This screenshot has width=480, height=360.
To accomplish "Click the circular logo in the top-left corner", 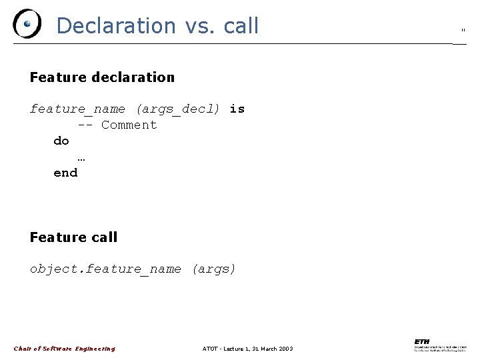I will pos(27,24).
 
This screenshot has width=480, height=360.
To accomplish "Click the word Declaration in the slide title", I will pos(115,25).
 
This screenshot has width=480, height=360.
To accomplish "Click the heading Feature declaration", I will pos(102,77).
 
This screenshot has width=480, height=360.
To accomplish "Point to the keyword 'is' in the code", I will pos(237,109).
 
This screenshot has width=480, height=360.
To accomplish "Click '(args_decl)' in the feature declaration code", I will pos(177,109).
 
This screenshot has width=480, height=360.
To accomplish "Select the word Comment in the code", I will pos(129,125).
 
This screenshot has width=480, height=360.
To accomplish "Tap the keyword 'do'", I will pos(61,141).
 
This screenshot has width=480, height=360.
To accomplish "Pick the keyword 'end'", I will pos(65,173).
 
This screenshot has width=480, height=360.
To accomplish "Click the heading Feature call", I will pos(73,237).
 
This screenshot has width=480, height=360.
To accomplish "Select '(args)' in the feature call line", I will pos(213,269).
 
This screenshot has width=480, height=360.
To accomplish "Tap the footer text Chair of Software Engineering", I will pos(65,349).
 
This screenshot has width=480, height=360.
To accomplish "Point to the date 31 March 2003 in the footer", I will pos(272,349).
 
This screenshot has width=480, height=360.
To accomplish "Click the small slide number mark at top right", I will pos(463,30).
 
